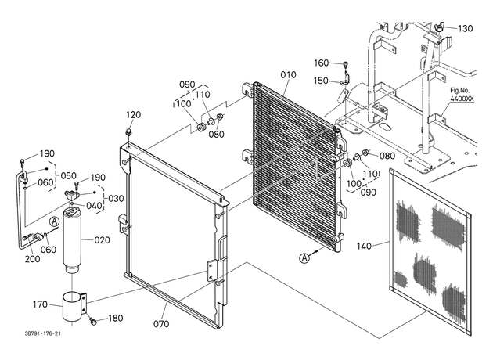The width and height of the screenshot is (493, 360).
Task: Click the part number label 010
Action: click(288, 75)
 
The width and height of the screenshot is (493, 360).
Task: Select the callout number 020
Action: click(103, 240)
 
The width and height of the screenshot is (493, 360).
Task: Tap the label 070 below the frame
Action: click(161, 323)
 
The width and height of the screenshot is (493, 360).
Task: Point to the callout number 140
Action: click(364, 246)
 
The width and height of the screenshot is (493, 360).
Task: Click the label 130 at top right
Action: click(466, 29)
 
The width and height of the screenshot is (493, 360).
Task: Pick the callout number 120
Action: click(133, 115)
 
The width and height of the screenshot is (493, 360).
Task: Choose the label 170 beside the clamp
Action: click(40, 304)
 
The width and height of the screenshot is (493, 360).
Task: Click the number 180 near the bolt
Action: click(115, 319)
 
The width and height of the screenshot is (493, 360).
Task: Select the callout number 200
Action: click(32, 259)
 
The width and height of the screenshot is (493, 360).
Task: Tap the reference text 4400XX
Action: click(462, 99)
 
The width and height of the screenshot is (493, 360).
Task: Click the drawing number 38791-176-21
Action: click(43, 333)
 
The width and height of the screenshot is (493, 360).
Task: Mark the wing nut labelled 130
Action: click(439, 27)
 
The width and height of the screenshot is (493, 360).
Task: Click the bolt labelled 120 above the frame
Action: click(128, 131)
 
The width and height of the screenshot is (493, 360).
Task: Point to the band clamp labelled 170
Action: click(74, 307)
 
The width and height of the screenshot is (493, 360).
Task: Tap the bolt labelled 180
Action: click(93, 321)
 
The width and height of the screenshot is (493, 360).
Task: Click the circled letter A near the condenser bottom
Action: click(304, 258)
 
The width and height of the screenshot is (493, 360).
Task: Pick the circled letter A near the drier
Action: click(55, 221)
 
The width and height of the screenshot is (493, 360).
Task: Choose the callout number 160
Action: click(322, 63)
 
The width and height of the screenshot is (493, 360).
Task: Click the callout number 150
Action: click(321, 81)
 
